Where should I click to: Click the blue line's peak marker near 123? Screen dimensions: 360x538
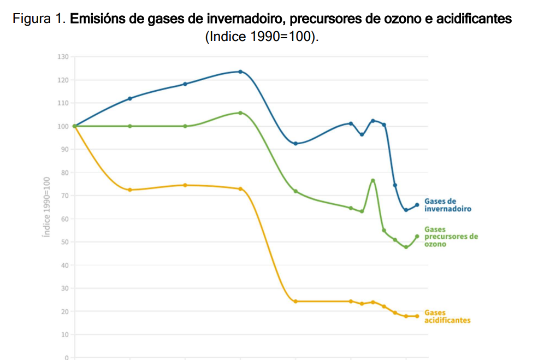click(x=240, y=72)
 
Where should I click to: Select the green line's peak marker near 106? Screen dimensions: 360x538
click(x=240, y=113)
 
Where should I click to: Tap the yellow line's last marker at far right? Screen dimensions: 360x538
click(x=417, y=316)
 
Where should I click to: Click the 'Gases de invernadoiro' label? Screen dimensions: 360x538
click(x=447, y=205)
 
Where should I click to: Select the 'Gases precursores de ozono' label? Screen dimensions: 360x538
click(x=451, y=237)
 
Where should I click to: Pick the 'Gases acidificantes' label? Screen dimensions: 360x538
click(x=447, y=316)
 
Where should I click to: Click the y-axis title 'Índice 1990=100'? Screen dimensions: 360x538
click(x=47, y=207)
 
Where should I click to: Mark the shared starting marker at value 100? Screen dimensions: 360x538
click(x=75, y=126)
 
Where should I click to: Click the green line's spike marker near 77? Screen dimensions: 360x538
click(x=373, y=180)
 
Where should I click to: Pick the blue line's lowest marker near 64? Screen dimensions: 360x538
click(x=406, y=210)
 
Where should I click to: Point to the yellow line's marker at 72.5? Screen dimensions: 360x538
click(x=130, y=190)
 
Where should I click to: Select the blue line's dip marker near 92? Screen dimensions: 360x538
click(x=295, y=144)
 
